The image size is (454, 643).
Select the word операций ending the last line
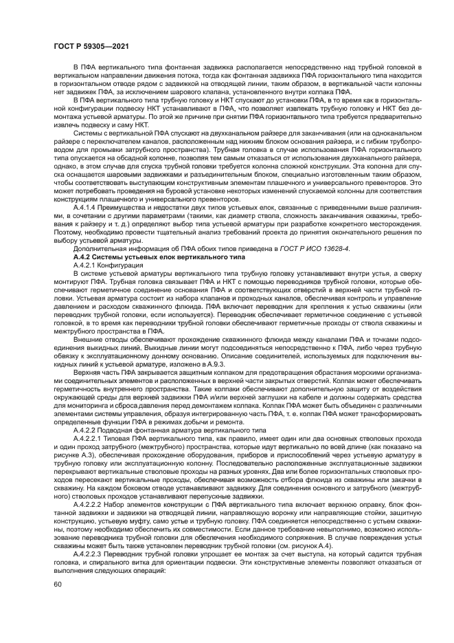point(139,568)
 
